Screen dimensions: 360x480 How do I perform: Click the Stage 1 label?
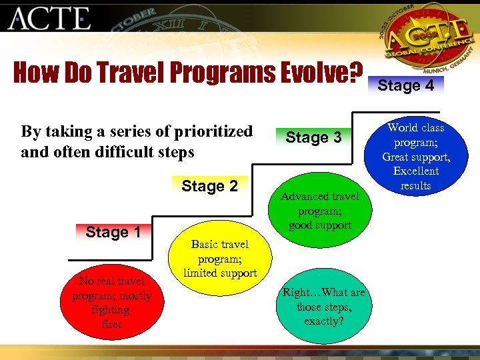click(113, 232)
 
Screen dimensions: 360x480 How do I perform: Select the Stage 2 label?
click(209, 186)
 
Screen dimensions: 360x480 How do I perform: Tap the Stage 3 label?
click(313, 137)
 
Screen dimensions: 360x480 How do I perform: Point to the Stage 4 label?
click(405, 85)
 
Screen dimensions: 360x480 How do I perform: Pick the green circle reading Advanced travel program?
click(319, 211)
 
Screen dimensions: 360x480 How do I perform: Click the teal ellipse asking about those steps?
click(323, 306)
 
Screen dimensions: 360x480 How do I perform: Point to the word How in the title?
click(36, 73)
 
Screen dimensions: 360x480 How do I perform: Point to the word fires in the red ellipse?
click(111, 325)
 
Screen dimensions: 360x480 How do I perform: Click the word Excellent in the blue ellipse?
click(415, 171)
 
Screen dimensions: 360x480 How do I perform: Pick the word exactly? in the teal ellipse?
click(323, 321)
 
